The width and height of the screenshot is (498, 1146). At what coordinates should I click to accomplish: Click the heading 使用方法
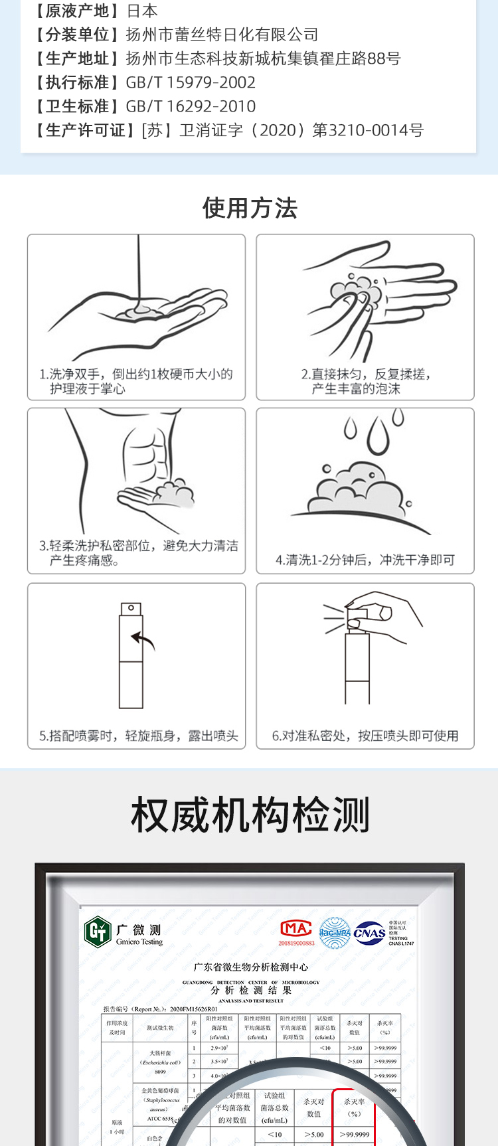[250, 208]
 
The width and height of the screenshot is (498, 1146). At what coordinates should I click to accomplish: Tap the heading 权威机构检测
[250, 815]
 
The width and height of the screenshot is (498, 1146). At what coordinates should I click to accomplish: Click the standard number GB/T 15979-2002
[191, 82]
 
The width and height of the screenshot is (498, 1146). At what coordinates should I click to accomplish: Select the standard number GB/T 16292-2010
[191, 106]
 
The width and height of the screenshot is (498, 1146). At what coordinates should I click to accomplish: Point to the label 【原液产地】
[77, 11]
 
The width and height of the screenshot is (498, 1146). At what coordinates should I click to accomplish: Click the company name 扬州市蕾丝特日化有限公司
[222, 35]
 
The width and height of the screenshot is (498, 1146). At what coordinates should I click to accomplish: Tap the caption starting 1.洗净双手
[135, 381]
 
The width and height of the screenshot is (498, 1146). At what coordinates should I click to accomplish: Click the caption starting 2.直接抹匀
[365, 381]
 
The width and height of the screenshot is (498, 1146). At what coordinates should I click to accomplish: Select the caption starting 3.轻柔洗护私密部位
[138, 552]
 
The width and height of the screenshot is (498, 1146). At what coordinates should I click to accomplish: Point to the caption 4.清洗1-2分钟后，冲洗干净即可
[365, 560]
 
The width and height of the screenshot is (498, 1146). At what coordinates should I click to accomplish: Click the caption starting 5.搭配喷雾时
[138, 736]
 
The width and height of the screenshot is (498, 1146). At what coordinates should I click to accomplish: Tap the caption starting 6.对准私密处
[365, 736]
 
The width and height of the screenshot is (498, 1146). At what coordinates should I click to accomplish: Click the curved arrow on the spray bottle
[143, 640]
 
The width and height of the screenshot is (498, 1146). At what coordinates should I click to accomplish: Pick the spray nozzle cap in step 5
[131, 609]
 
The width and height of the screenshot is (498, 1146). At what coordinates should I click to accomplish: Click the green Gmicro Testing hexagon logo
[98, 932]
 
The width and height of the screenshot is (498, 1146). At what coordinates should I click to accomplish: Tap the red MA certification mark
[296, 928]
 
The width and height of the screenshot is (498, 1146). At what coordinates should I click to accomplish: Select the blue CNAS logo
[370, 933]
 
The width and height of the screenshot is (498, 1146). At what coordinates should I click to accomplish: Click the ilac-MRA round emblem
[335, 933]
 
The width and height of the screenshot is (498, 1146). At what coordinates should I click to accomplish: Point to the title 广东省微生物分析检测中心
[250, 967]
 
